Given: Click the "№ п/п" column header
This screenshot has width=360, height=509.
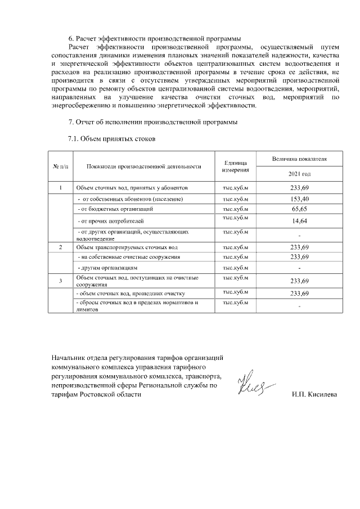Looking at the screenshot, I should [x=61, y=166].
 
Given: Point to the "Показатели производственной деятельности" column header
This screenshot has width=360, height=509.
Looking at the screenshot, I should [x=144, y=166].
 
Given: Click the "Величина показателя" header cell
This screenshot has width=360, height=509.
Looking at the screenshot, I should [x=299, y=159].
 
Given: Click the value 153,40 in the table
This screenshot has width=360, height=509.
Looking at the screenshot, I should [x=299, y=199].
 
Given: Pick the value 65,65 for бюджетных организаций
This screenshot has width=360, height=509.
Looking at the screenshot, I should [x=299, y=209].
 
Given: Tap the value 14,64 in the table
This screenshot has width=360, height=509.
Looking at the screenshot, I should [x=299, y=221].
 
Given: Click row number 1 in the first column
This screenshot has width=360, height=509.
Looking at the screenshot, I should [x=61, y=188].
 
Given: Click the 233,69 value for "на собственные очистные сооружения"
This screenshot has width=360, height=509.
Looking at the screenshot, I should [x=299, y=257].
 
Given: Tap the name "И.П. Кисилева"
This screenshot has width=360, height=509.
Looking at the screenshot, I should [x=314, y=395].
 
